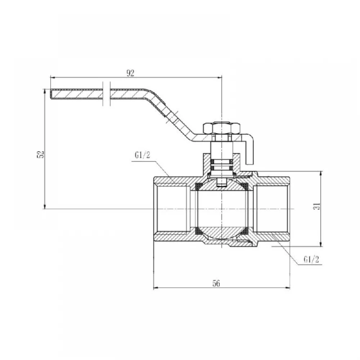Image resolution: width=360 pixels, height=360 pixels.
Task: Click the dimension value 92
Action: tap(130, 73)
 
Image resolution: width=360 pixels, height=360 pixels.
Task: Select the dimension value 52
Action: tap(40, 154)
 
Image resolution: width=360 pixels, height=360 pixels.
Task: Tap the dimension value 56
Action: tap(216, 284)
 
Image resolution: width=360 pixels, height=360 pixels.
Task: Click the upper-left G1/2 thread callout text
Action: tap(142, 155)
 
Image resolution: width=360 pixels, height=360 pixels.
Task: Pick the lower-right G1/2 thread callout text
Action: tap(311, 260)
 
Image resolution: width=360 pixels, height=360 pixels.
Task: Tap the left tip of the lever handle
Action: tap(51, 94)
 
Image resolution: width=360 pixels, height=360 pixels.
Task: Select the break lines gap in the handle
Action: tap(107, 94)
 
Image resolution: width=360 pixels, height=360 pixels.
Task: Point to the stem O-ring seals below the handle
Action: tap(221, 165)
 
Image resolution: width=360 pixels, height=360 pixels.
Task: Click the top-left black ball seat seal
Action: tap(199, 186)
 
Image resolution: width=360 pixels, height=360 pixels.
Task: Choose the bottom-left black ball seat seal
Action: tap(199, 230)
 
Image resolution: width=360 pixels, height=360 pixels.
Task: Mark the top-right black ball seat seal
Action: tap(244, 186)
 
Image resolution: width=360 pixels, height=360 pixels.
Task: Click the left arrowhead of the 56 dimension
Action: tap(156, 287)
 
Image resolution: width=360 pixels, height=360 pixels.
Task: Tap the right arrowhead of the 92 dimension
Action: tap(219, 78)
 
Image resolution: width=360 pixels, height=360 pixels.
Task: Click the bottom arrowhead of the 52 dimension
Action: tap(45, 206)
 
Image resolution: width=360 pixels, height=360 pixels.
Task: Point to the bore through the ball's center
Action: tap(221, 209)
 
